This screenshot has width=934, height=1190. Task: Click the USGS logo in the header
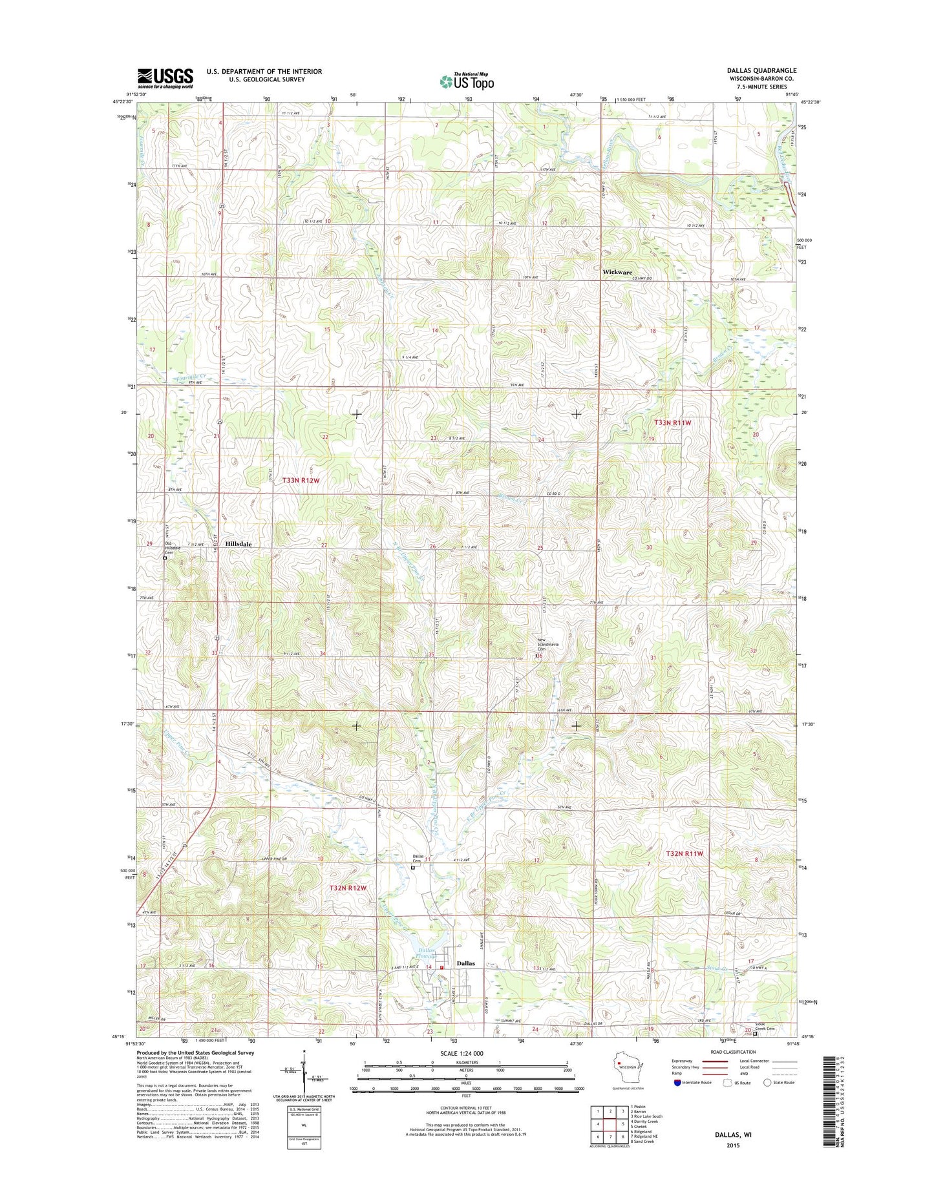tap(165, 78)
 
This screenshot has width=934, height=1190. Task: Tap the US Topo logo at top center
tap(467, 81)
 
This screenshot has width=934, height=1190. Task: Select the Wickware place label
tap(617, 272)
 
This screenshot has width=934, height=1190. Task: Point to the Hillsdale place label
tap(239, 544)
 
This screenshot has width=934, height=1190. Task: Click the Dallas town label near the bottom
tap(465, 963)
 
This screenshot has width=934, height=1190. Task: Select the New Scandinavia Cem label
tap(546, 645)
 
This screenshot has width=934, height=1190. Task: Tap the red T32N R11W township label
tap(684, 853)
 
